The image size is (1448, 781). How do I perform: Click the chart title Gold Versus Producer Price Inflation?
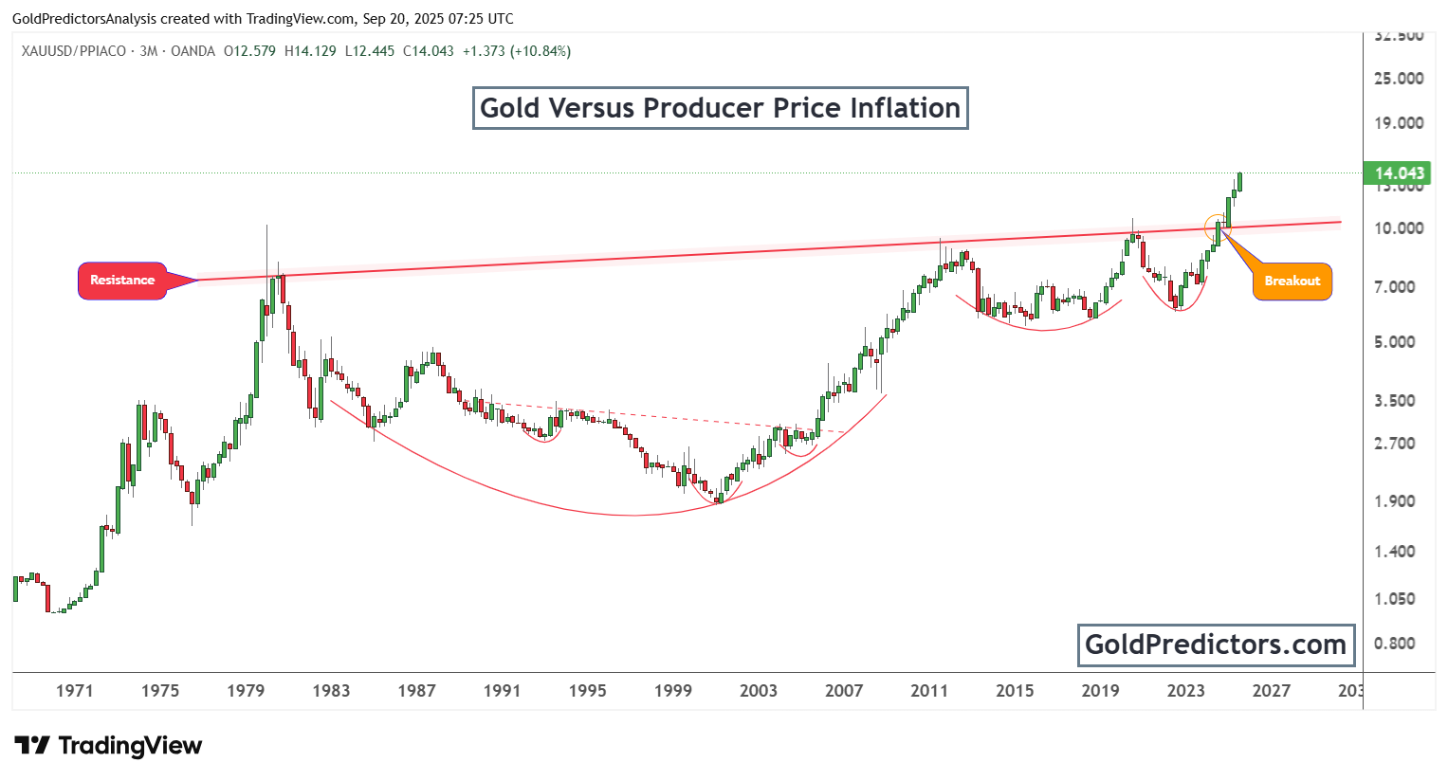click(720, 108)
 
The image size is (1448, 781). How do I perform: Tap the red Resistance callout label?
click(122, 281)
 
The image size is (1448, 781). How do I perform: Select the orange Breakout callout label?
click(1292, 282)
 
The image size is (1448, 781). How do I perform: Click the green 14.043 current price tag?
click(1398, 173)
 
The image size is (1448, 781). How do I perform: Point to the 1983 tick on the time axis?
click(331, 691)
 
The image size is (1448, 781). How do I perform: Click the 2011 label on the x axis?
click(929, 691)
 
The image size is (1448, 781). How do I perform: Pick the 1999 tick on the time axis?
click(673, 691)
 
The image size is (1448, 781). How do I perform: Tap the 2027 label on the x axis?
click(1271, 691)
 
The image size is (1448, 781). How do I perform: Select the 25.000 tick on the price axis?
click(1399, 79)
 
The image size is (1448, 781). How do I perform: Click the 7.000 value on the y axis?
click(1399, 287)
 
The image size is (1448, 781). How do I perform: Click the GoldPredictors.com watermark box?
click(1216, 645)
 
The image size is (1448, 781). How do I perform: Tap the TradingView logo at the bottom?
click(108, 746)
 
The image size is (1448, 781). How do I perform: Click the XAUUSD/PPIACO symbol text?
click(74, 51)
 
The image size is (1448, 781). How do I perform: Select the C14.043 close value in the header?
click(429, 51)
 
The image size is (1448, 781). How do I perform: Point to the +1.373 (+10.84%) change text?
click(517, 51)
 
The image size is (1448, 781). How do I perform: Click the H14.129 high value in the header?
click(310, 51)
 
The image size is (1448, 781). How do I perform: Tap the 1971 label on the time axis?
click(75, 691)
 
